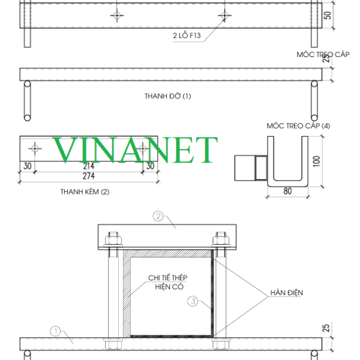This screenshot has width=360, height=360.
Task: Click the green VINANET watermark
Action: (x=135, y=149)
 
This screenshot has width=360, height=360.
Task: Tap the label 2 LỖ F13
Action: (x=187, y=35)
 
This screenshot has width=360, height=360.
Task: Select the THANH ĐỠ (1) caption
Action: (x=167, y=96)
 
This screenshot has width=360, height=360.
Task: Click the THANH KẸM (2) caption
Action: (x=85, y=192)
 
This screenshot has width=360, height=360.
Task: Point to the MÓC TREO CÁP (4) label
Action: (x=298, y=126)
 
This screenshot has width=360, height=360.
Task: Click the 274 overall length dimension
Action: (x=89, y=176)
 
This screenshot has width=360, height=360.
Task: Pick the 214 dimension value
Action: (x=89, y=166)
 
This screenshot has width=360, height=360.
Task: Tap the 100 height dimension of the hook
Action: (x=317, y=161)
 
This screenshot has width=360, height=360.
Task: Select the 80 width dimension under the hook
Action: (x=287, y=191)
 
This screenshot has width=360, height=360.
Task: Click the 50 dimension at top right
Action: (x=328, y=16)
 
